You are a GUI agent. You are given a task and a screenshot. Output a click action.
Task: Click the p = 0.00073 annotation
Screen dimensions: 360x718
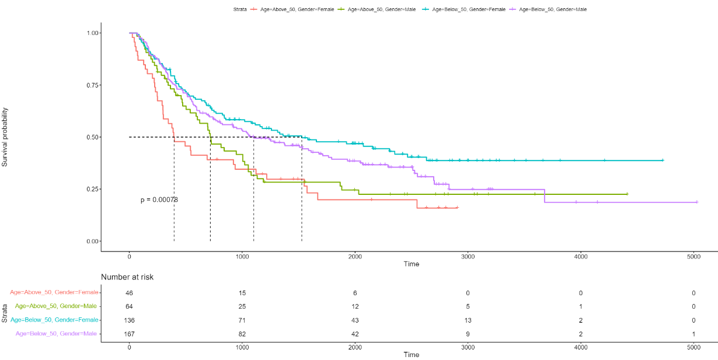click(x=159, y=200)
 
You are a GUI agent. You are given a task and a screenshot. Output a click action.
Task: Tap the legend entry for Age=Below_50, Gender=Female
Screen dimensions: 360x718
click(x=461, y=9)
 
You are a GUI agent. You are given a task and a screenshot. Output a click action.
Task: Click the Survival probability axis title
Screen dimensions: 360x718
click(x=5, y=137)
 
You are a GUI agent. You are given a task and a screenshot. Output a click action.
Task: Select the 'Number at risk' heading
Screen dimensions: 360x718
click(x=127, y=277)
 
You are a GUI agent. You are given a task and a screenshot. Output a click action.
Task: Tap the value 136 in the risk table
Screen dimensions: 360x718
click(x=129, y=320)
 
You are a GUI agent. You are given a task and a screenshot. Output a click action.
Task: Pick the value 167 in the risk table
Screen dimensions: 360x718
click(x=129, y=334)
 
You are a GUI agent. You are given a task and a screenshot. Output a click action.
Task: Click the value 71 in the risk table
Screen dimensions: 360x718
click(x=242, y=320)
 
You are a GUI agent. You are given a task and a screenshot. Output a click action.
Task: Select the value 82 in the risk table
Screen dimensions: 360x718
click(x=242, y=334)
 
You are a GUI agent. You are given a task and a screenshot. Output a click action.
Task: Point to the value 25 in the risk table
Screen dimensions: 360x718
click(x=242, y=306)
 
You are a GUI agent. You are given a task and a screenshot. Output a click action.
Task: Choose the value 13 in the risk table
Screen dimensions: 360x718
click(x=468, y=320)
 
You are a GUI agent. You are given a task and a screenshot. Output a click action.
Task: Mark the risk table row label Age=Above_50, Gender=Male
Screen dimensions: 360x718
click(x=57, y=306)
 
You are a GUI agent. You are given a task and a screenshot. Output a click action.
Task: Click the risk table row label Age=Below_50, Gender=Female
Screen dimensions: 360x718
click(x=54, y=320)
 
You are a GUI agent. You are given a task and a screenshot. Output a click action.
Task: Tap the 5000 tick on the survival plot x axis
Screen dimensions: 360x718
click(x=693, y=256)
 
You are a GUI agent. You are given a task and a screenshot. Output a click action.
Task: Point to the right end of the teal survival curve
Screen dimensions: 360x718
click(x=663, y=160)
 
